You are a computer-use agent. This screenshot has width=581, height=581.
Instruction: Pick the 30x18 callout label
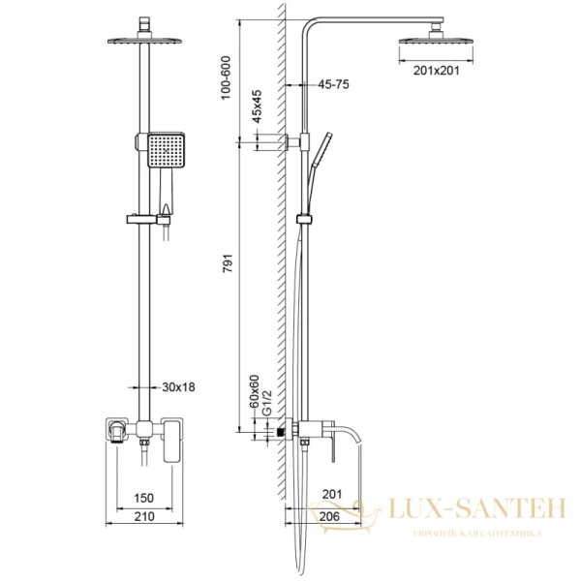point(178,386)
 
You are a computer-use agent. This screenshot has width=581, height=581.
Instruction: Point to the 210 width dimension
point(142,518)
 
